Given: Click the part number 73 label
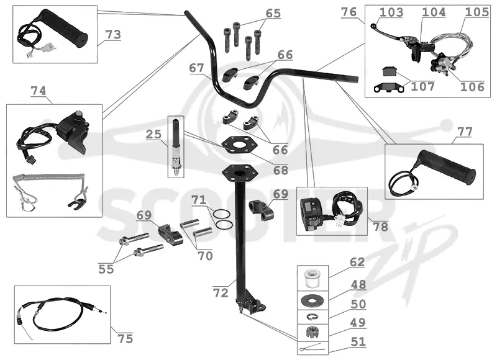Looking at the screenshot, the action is point(113,35).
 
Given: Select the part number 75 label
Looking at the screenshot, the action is point(125,338).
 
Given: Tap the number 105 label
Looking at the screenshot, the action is point(476,12).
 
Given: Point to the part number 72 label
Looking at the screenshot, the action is point(221,293).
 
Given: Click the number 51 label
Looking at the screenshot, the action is point(358,342).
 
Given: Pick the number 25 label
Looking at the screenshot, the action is point(153,134).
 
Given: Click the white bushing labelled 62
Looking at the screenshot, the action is point(312,279).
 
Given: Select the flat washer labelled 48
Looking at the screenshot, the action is point(312,300).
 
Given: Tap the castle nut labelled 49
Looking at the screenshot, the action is point(312,332).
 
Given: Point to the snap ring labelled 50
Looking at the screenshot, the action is point(312,317).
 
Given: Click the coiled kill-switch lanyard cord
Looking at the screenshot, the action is point(49,178).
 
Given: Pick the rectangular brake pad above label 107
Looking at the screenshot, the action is point(390,71).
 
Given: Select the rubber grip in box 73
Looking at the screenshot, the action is point(63,28).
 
